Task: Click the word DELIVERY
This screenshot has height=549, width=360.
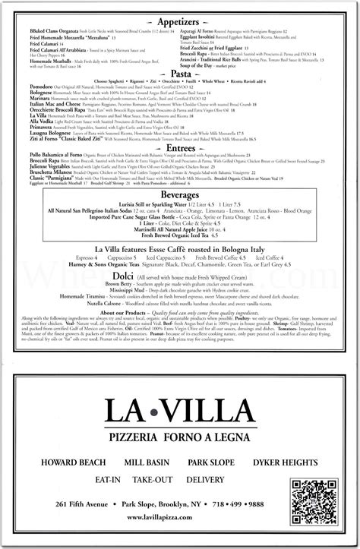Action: [x=229, y=481]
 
